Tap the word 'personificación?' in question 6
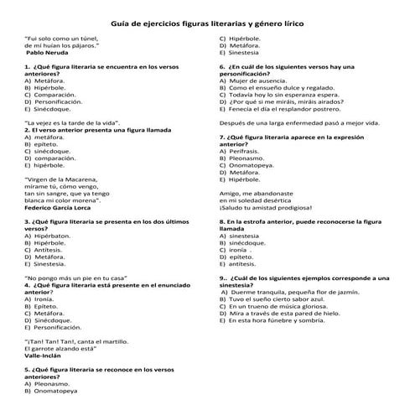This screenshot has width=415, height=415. tap(246, 72)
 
